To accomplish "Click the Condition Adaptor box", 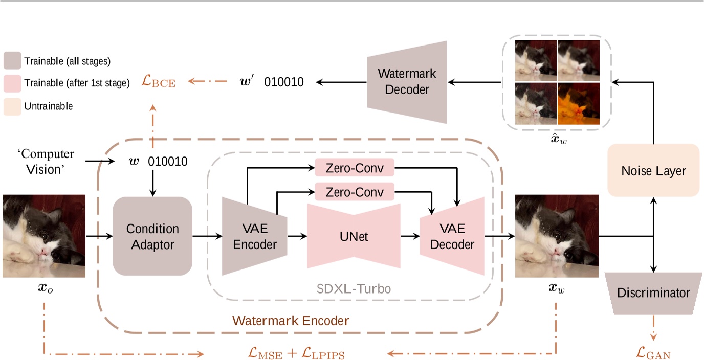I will (152, 236).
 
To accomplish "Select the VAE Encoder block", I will (254, 236).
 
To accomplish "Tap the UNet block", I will (353, 236).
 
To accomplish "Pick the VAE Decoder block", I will (452, 236).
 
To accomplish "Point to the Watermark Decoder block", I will (407, 81).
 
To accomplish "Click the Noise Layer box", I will (653, 170).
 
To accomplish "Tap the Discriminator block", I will (653, 293).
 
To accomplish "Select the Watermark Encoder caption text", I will (291, 321).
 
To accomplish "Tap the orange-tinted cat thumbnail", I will (578, 104).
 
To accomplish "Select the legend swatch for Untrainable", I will (12, 106).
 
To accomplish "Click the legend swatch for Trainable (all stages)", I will (12, 61).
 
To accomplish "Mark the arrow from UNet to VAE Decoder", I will (410, 236).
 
